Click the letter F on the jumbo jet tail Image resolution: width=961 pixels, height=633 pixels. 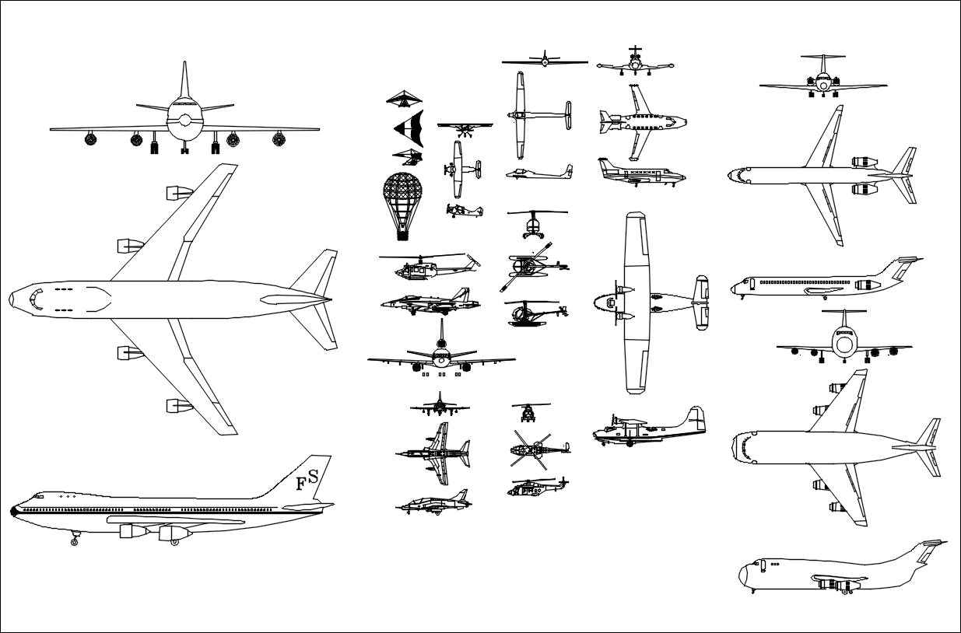click(300, 484)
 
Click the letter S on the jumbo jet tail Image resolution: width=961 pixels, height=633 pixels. click(312, 474)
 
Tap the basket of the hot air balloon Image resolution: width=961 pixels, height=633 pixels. click(402, 233)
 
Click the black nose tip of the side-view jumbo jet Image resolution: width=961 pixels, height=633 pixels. click(13, 510)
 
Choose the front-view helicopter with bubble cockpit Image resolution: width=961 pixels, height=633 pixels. click(534, 226)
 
